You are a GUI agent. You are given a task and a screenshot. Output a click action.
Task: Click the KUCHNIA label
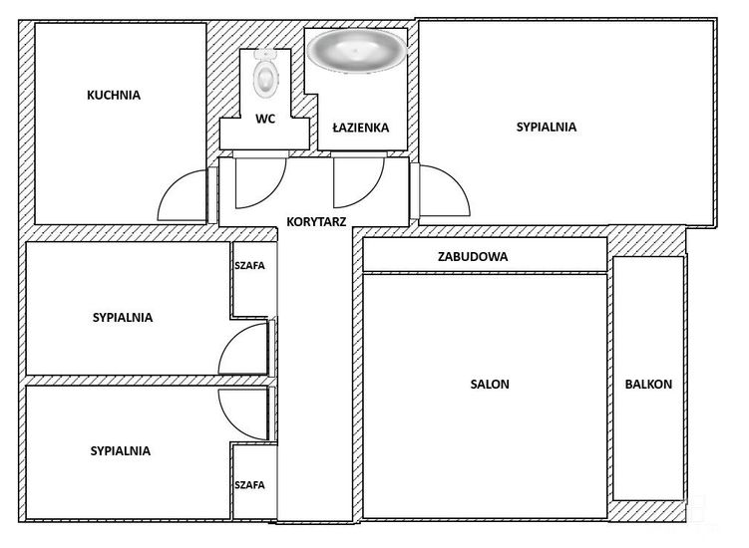pyautogui.click(x=114, y=95)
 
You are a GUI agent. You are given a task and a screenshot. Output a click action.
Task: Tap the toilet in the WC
pyautogui.click(x=265, y=74)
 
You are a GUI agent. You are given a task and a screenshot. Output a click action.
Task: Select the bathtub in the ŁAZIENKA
pyautogui.click(x=357, y=51)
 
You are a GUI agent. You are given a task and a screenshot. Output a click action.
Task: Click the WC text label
pyautogui.click(x=265, y=119)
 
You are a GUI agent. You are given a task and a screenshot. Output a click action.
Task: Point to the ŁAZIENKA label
pyautogui.click(x=361, y=128)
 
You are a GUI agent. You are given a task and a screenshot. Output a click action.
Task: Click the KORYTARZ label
pyautogui.click(x=316, y=222)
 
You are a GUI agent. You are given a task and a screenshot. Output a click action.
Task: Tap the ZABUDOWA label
pyautogui.click(x=473, y=257)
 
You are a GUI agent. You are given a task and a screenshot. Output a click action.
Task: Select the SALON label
pyautogui.click(x=490, y=385)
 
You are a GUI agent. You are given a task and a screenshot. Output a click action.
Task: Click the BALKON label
pyautogui.click(x=648, y=385)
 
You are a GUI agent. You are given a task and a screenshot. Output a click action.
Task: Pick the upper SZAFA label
pyautogui.click(x=249, y=265)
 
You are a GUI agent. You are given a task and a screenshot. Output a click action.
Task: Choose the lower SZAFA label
pyautogui.click(x=249, y=485)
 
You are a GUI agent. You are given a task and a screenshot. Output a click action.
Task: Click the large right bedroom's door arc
pyautogui.click(x=455, y=182)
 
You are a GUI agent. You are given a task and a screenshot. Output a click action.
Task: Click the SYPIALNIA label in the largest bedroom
pyautogui.click(x=547, y=127)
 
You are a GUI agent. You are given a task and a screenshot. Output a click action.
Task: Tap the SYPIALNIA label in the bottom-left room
pyautogui.click(x=121, y=451)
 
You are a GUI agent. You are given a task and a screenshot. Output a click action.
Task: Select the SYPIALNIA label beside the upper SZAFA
pyautogui.click(x=123, y=318)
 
